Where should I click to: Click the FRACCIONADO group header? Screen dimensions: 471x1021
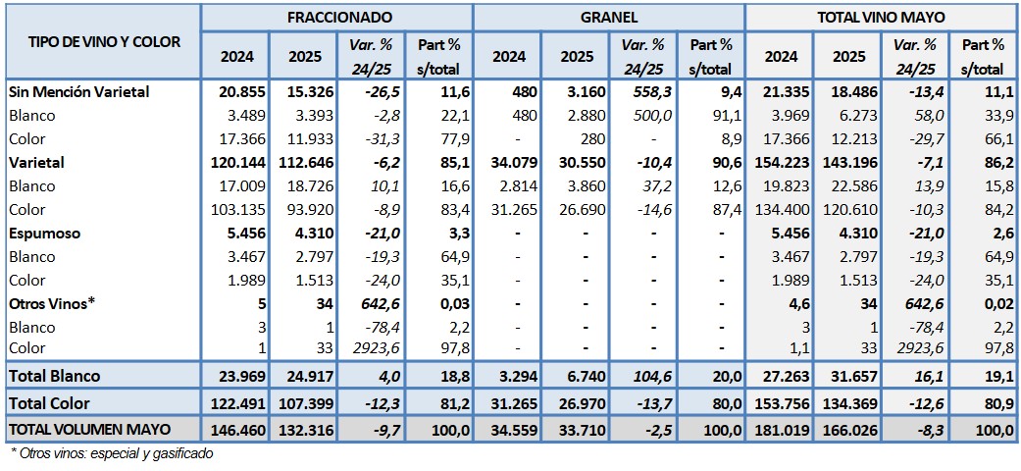(x=339, y=17)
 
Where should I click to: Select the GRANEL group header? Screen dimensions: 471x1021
(x=608, y=17)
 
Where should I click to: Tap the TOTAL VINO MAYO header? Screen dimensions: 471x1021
(x=880, y=17)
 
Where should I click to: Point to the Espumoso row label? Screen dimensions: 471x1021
(x=44, y=235)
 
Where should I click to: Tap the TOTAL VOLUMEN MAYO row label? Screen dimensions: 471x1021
(x=89, y=429)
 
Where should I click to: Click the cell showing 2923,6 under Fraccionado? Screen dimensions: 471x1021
(x=375, y=347)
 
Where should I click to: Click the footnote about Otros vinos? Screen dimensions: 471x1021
(x=112, y=453)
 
